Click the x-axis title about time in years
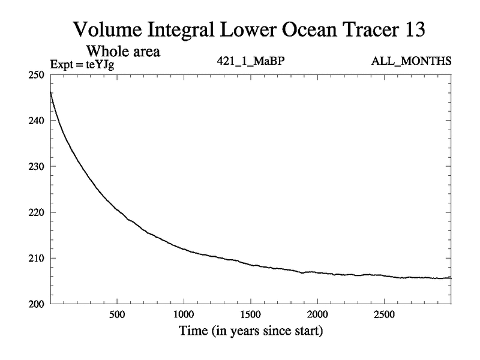(x=250, y=331)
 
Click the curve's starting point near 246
(x=51, y=92)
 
